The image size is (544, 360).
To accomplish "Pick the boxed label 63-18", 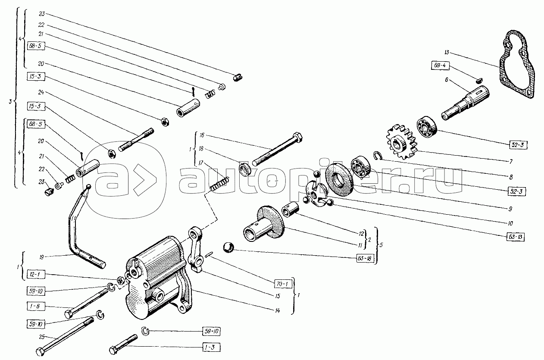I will [364, 259].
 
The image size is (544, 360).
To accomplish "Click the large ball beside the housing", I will [228, 248].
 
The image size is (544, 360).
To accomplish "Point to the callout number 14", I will [278, 311].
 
